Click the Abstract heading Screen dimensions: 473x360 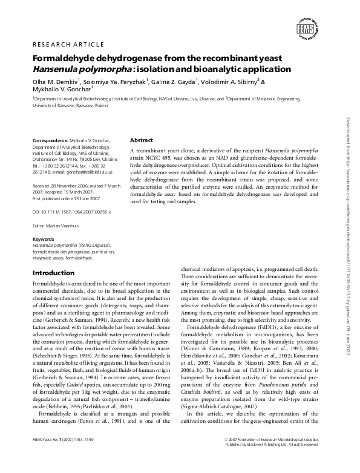click(142, 140)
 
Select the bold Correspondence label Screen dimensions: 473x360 click(50, 140)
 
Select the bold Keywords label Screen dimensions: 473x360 click(42, 240)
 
